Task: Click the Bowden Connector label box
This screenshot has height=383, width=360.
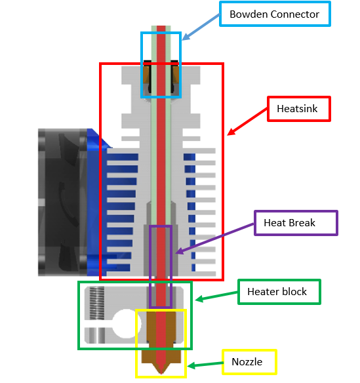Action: (x=275, y=14)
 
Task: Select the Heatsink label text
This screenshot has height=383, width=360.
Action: (x=297, y=109)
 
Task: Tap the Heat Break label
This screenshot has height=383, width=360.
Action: (x=296, y=223)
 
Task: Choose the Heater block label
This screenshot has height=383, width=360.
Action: (x=279, y=292)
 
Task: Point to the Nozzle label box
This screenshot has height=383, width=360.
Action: (x=249, y=362)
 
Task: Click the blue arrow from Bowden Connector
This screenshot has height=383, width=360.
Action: (x=201, y=27)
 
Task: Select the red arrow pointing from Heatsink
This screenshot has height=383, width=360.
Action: (x=247, y=121)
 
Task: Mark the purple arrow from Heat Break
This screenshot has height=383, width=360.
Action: (x=215, y=239)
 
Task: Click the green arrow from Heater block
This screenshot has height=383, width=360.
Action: (x=216, y=296)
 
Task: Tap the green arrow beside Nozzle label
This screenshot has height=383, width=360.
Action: (x=205, y=365)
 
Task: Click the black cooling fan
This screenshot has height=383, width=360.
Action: (x=62, y=202)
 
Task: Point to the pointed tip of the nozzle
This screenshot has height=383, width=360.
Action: (x=161, y=374)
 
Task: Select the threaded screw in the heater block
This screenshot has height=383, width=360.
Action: (x=96, y=303)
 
